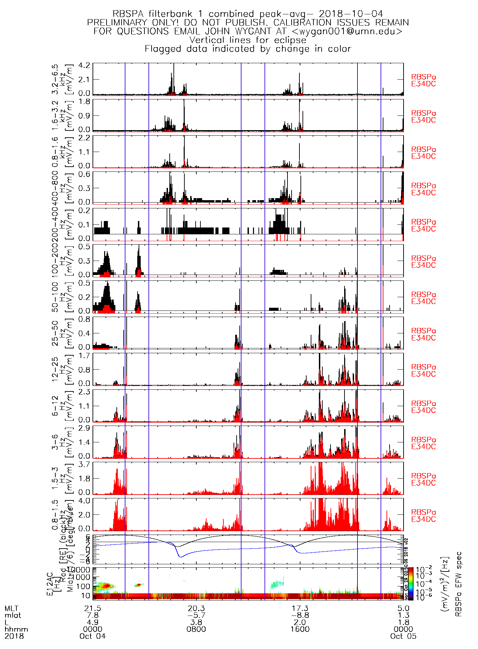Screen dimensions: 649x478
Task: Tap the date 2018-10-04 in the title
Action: click(x=351, y=14)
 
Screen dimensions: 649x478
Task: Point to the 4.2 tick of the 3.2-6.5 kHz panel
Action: click(x=84, y=65)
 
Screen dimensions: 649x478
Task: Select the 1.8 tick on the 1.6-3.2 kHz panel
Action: click(x=84, y=101)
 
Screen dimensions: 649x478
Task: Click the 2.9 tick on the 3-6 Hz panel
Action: click(x=84, y=428)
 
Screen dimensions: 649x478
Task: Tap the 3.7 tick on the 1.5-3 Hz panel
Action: click(x=84, y=464)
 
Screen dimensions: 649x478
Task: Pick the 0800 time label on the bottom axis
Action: click(x=196, y=629)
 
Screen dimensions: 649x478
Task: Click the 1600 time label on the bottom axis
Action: click(x=300, y=629)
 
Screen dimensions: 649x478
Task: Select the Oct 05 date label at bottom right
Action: click(x=403, y=636)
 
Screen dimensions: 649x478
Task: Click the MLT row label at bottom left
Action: click(x=12, y=608)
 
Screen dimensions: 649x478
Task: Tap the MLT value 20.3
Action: click(x=196, y=608)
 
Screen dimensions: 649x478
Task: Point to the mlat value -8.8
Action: click(x=300, y=615)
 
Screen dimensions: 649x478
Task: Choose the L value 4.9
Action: click(x=93, y=622)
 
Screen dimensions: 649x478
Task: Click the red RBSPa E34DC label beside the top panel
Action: click(x=423, y=81)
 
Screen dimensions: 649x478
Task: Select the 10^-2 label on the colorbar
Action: click(x=422, y=570)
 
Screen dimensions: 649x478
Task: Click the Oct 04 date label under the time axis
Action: click(x=93, y=636)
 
